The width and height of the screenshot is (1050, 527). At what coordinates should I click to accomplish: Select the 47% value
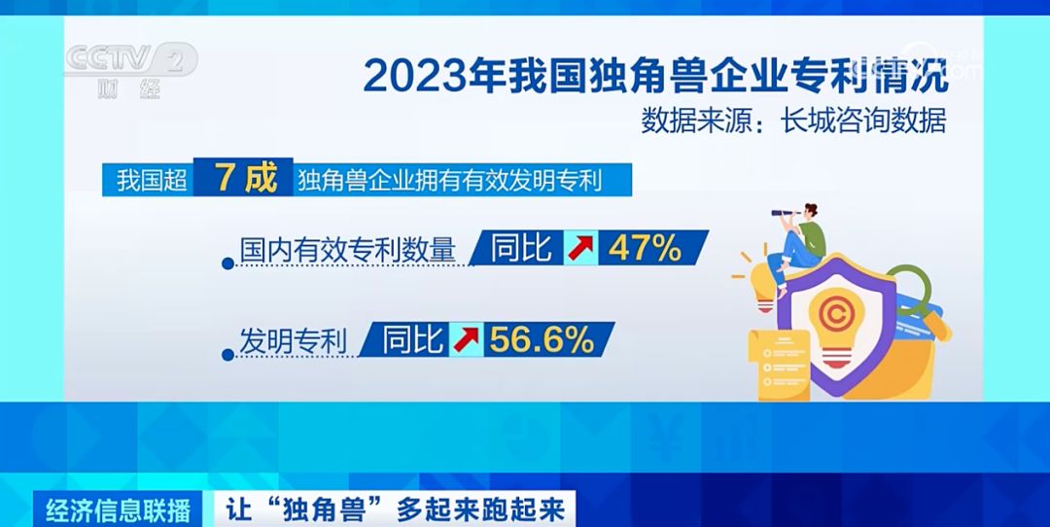click(645, 248)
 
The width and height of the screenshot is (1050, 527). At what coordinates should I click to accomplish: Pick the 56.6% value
click(542, 339)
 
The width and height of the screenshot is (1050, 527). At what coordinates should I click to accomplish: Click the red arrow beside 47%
click(580, 249)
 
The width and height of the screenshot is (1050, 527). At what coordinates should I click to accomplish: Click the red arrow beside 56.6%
click(466, 339)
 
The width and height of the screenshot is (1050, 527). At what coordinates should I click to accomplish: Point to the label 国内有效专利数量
click(347, 250)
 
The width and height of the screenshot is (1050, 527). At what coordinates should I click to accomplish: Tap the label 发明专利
click(293, 341)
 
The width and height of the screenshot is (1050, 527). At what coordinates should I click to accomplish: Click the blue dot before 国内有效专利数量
click(227, 263)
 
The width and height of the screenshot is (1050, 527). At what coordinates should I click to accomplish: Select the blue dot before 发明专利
click(227, 355)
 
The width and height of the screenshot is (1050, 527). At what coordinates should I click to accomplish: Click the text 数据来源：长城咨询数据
click(794, 122)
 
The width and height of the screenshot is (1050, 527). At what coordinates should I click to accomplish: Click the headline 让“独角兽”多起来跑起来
click(395, 509)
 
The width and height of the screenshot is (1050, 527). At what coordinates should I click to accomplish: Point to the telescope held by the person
click(786, 213)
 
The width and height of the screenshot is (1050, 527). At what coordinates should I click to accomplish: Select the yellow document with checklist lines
click(779, 365)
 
